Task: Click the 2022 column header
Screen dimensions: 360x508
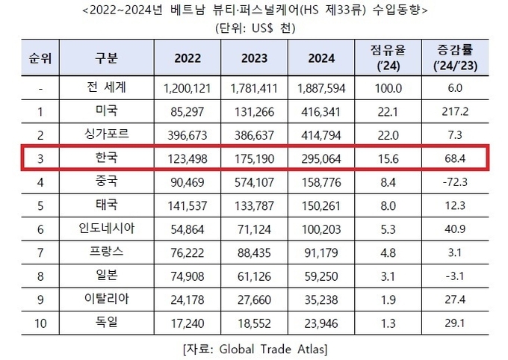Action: [187, 58]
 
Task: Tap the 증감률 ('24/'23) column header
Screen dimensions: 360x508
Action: [454, 58]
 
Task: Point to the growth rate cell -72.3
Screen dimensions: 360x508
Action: [454, 181]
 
